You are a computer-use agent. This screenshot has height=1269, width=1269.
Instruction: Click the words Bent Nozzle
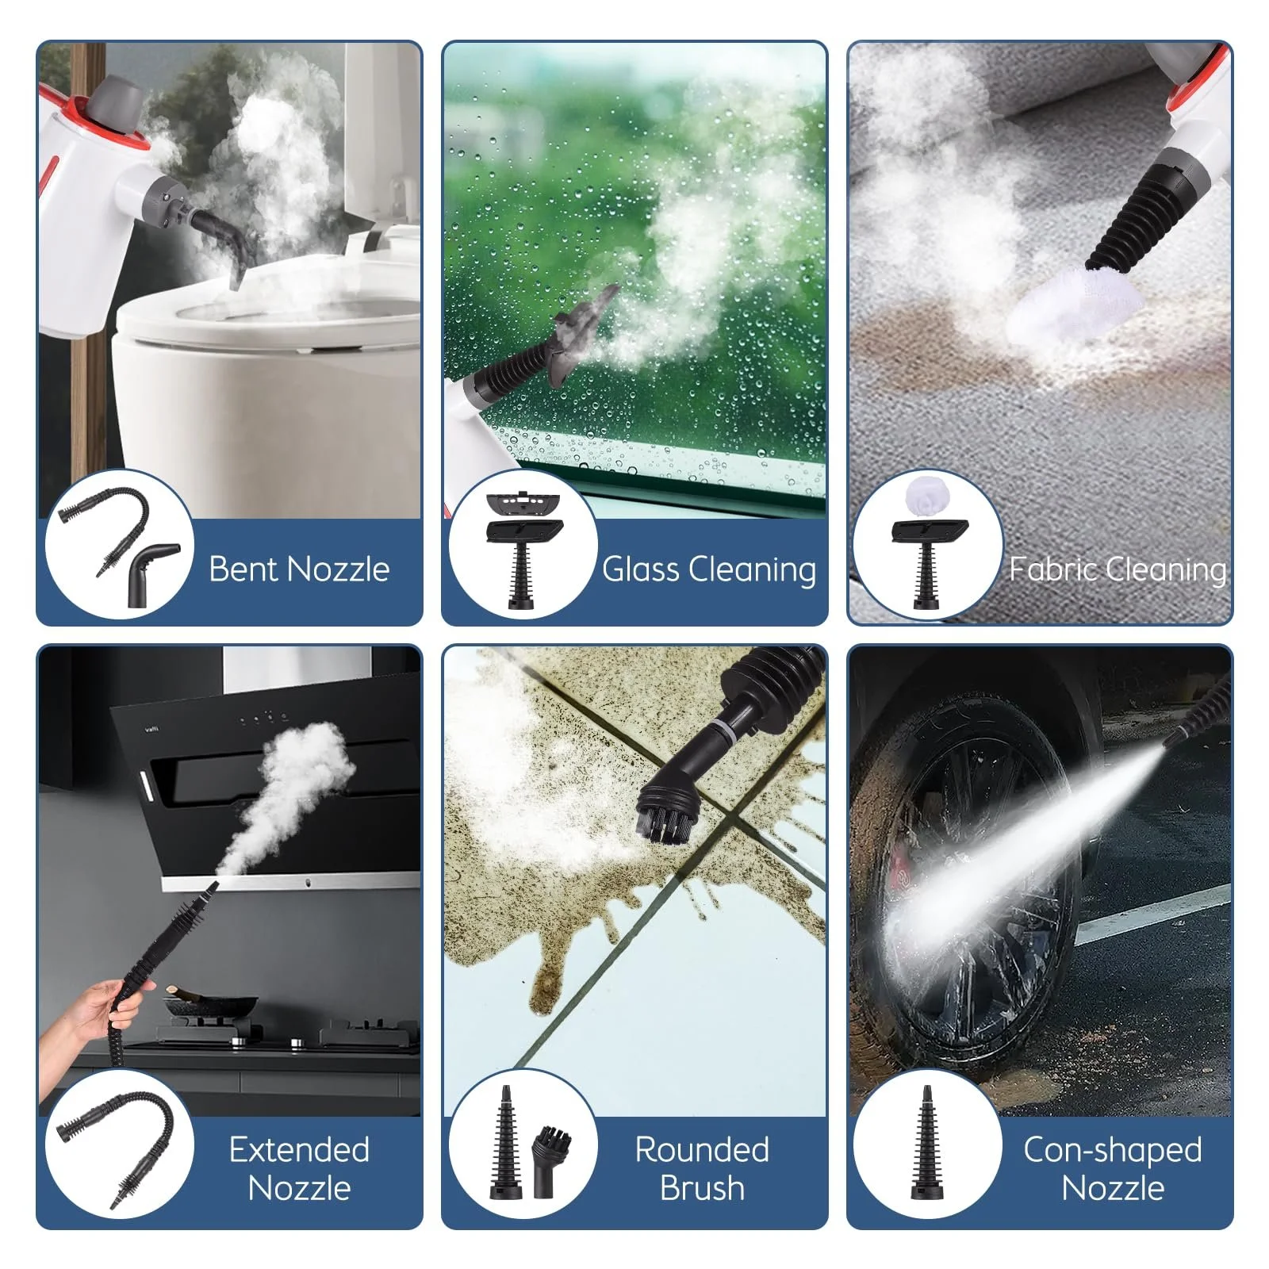coord(299,569)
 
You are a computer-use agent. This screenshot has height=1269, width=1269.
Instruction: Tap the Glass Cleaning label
coord(709,569)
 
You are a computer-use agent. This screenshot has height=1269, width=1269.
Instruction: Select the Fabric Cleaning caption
coord(1118,569)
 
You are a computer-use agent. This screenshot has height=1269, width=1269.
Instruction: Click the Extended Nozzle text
coord(299,1168)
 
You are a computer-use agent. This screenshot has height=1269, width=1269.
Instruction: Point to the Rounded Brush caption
coord(702,1168)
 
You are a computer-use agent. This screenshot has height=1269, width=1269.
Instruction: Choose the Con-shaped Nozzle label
coord(1113,1168)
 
